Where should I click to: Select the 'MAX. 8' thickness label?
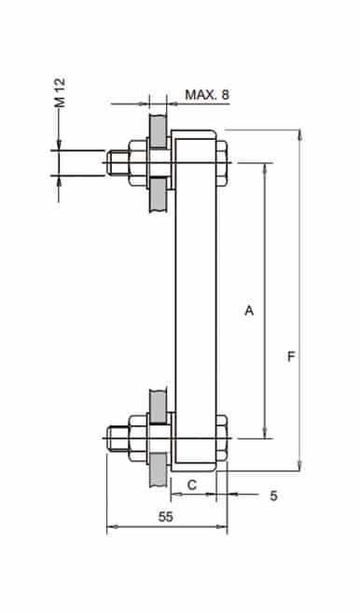coord(206,95)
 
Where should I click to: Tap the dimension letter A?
coord(248,310)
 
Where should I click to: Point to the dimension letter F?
coord(292,357)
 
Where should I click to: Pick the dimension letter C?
coord(191,484)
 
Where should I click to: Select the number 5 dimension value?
coord(273,495)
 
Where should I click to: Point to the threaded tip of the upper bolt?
coord(116,163)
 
